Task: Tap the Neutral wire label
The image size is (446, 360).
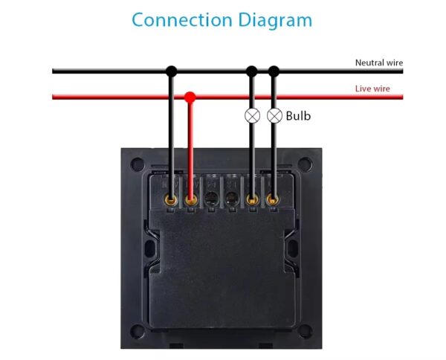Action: tap(378, 63)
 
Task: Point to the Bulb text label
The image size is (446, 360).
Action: tap(298, 116)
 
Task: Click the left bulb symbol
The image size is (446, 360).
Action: tap(252, 115)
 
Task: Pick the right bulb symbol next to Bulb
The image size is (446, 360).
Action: tap(274, 115)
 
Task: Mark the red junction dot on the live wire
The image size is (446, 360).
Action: tap(190, 97)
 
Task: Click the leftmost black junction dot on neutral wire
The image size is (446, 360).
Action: tap(172, 71)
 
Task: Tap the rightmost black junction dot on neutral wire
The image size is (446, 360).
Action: tap(274, 71)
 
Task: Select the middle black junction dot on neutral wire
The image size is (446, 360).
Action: tap(252, 71)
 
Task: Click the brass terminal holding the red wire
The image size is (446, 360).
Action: tap(191, 199)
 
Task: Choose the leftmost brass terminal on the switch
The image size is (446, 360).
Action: tap(172, 199)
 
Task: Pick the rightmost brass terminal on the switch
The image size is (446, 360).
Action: tap(273, 199)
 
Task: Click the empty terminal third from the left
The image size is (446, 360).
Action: tap(212, 199)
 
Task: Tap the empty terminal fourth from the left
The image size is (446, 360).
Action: tap(232, 199)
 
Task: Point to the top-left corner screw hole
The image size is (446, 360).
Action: tap(136, 162)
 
